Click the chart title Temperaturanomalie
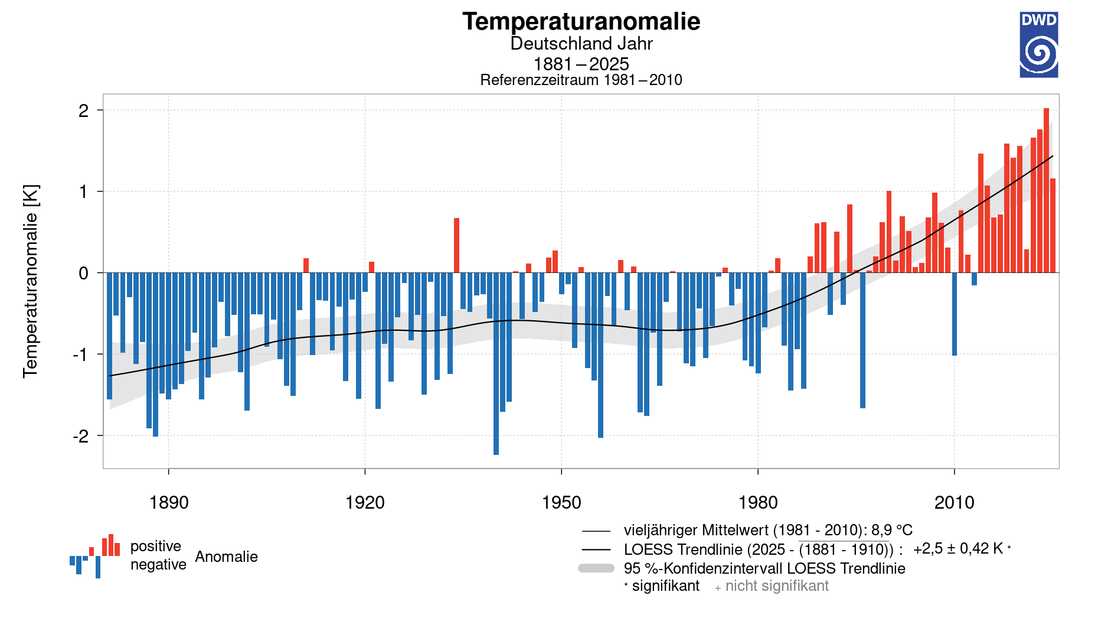(581, 22)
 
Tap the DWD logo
(1038, 45)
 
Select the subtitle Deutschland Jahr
(581, 44)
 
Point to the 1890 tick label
(169, 503)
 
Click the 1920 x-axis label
(365, 503)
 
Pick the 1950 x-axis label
(561, 503)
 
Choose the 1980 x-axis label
(758, 503)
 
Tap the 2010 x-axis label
(954, 503)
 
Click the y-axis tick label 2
(84, 110)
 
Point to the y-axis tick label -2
(81, 436)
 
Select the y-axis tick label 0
(84, 274)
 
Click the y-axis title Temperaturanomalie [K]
(31, 281)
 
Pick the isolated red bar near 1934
(456, 245)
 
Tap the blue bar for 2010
(955, 314)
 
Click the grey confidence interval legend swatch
(596, 568)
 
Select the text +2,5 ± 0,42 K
(958, 549)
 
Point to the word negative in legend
(158, 565)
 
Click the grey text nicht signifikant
(776, 586)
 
